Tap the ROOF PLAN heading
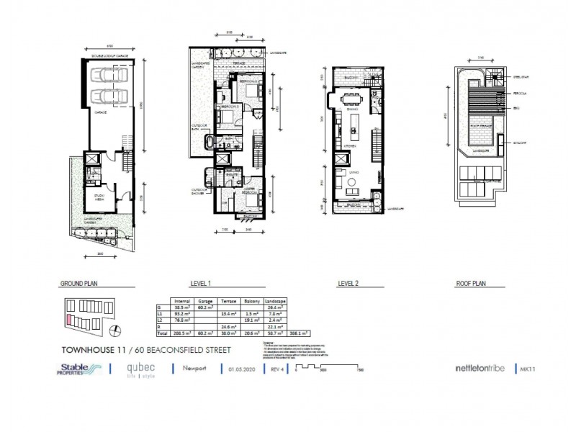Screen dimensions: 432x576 coord(471,284)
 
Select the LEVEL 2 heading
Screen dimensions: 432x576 coord(351,284)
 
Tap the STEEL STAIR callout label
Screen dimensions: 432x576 coord(523,75)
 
